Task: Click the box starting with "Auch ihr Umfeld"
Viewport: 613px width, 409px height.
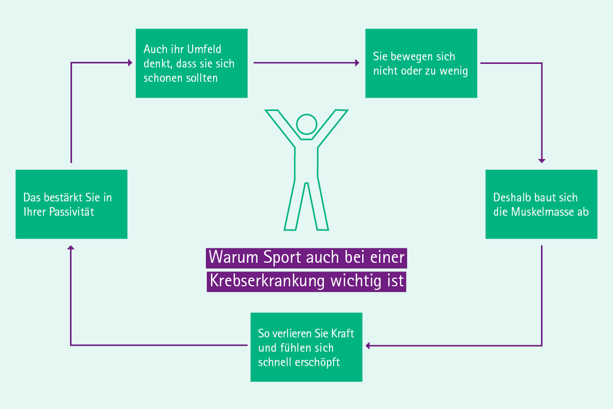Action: [x=192, y=63]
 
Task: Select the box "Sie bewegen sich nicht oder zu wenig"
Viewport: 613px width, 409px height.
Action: [x=421, y=63]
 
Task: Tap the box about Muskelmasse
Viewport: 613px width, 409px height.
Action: [x=541, y=204]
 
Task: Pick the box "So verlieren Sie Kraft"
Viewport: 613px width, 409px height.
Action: [x=306, y=347]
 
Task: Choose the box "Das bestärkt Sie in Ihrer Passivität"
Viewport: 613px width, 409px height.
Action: [x=72, y=204]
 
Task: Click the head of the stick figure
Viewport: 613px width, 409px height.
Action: [x=306, y=124]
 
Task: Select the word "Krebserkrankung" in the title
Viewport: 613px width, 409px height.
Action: [x=267, y=281]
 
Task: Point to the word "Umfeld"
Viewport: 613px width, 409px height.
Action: [x=204, y=49]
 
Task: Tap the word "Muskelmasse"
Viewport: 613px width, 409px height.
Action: [x=538, y=212]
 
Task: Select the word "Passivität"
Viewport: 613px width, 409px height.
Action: [x=72, y=212]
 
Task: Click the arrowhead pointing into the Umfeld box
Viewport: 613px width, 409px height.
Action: [x=130, y=63]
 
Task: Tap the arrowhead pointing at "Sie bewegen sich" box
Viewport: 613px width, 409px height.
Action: [x=357, y=63]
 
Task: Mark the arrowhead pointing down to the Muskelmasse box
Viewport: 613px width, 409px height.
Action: [x=542, y=161]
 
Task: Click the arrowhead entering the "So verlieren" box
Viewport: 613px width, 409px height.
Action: [x=367, y=346]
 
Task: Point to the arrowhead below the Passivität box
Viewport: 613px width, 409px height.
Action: [x=71, y=247]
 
